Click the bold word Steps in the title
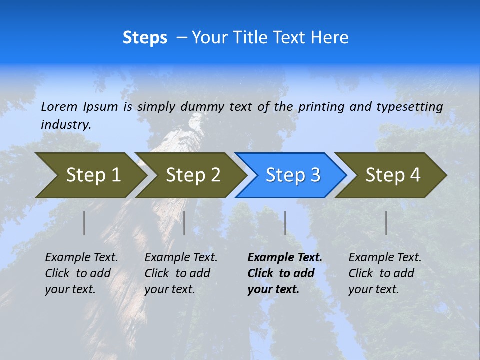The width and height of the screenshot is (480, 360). pyautogui.click(x=145, y=38)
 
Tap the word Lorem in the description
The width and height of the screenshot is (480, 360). pyautogui.click(x=59, y=106)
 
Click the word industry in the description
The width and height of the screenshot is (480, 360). pyautogui.click(x=66, y=124)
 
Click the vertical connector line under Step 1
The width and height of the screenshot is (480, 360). pyautogui.click(x=84, y=223)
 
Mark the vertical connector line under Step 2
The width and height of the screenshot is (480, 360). pyautogui.click(x=184, y=223)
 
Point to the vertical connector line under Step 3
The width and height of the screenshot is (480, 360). pyautogui.click(x=285, y=223)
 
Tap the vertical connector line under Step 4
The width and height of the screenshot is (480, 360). pyautogui.click(x=386, y=223)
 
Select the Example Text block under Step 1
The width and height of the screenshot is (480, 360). pyautogui.click(x=81, y=273)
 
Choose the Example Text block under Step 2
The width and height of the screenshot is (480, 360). pyautogui.click(x=181, y=273)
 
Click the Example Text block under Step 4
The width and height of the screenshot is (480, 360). pyautogui.click(x=385, y=273)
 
